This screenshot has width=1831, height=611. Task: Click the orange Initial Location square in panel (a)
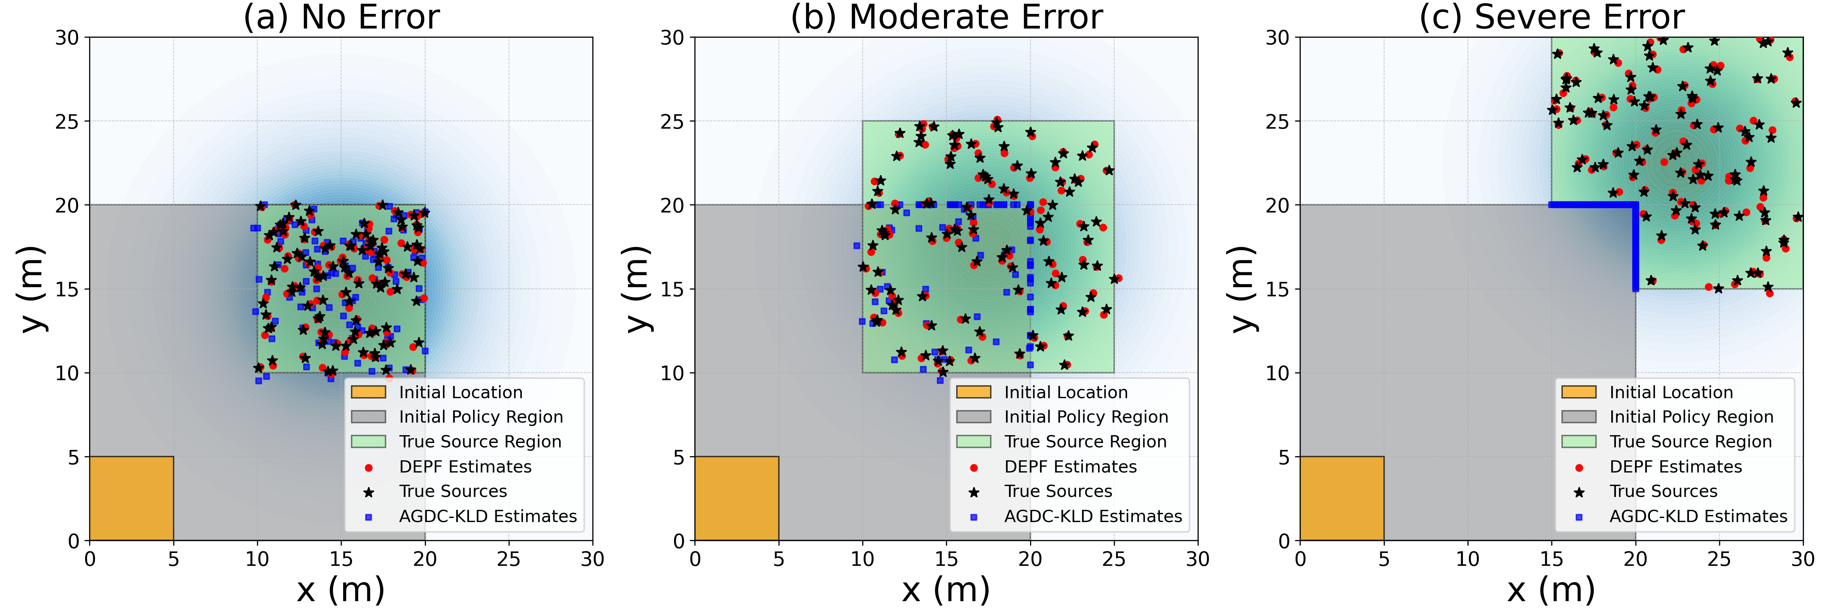coord(132,498)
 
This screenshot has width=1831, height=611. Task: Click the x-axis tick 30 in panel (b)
coord(1198,559)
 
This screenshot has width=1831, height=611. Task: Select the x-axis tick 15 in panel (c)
coord(1552,559)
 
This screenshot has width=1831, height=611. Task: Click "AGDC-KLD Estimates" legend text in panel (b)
coord(1092,516)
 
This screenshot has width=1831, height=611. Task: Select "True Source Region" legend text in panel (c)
coord(1690,442)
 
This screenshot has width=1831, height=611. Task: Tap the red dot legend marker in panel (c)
coord(1579,467)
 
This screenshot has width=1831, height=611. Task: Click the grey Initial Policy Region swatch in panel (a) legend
coord(368,417)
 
